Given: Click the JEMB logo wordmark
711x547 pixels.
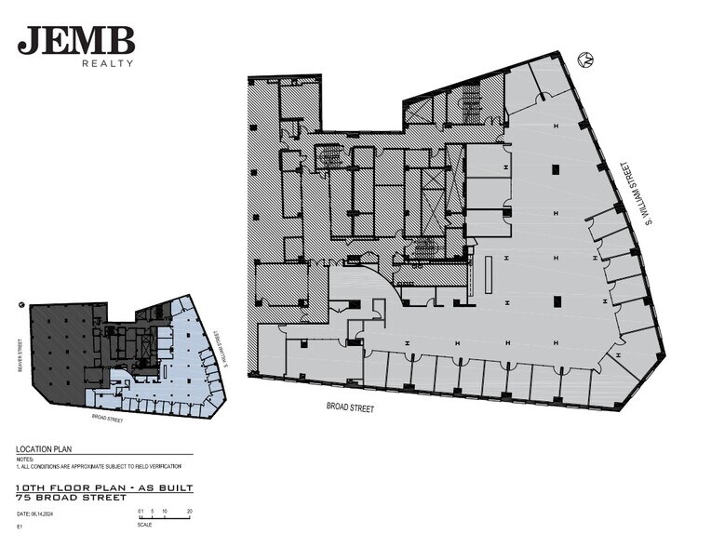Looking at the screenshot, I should point(75,41).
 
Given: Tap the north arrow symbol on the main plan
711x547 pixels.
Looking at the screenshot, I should point(586,60).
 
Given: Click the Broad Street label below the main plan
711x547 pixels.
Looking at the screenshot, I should point(350,407).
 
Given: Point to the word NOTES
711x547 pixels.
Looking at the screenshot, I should point(25,458).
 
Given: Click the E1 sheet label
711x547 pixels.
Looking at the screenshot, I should point(20,527).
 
